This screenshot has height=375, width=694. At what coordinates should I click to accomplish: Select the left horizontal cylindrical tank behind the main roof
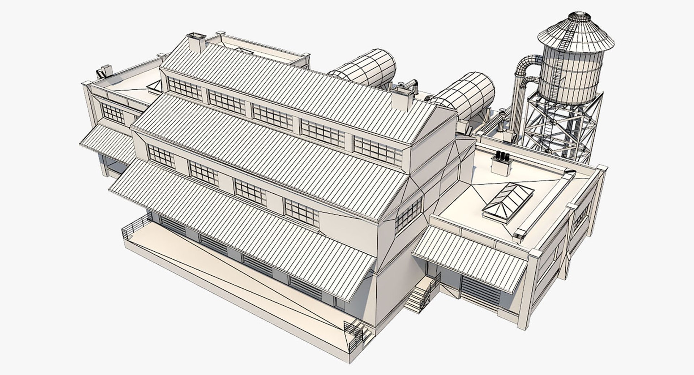click(x=365, y=70)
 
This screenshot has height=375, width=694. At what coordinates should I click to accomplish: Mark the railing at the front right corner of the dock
click(x=356, y=331)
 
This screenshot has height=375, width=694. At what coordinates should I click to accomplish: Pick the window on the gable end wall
click(x=408, y=215)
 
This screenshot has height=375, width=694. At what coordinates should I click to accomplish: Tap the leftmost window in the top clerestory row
click(x=184, y=89)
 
